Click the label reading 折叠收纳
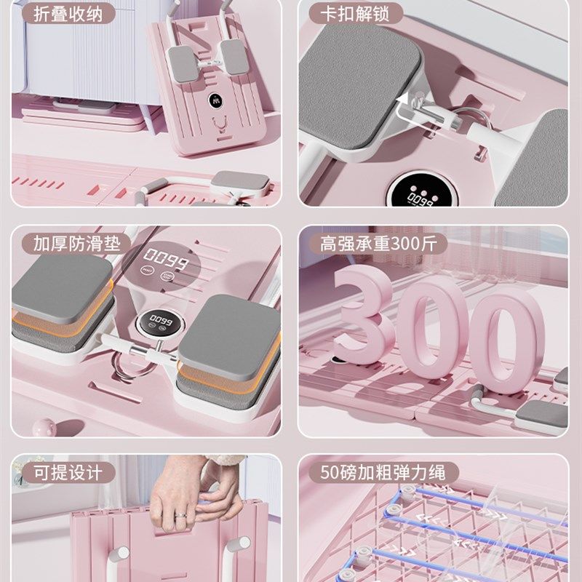(x=63, y=12)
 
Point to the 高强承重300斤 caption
(x=378, y=243)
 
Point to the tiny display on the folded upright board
(x=217, y=102)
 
